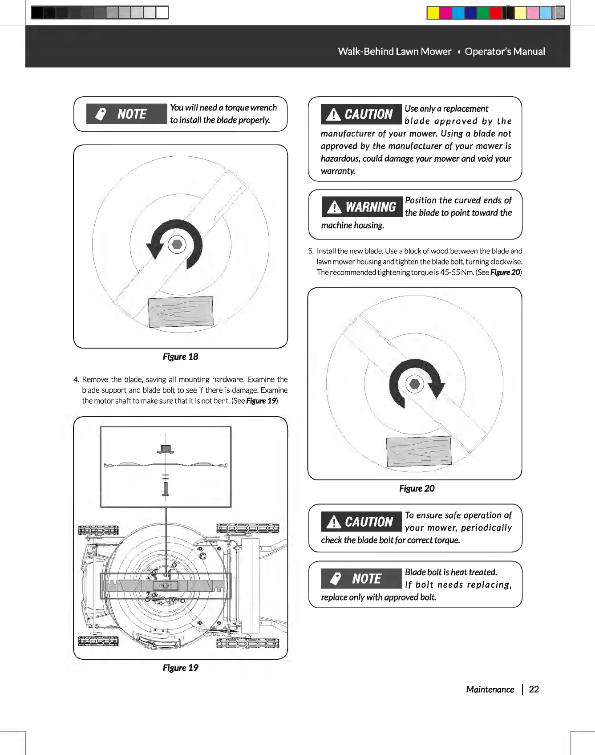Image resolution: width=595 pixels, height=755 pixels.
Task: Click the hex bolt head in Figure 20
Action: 415,384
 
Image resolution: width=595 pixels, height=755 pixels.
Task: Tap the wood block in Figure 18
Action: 181,312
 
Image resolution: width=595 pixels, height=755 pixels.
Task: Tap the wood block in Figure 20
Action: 419,451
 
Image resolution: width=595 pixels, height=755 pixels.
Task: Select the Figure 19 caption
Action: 180,668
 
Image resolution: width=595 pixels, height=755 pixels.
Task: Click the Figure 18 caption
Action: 180,357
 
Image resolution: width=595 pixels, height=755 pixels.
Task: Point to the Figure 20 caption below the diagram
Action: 417,488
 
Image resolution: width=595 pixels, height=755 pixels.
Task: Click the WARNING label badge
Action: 361,207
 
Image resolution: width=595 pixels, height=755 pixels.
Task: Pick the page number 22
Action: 534,690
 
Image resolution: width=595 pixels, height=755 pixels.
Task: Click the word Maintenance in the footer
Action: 490,690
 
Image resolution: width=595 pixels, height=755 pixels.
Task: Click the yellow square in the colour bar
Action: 433,13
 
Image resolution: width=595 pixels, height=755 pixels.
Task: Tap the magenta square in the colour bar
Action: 445,13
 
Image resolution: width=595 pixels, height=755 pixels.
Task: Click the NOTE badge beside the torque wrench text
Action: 126,114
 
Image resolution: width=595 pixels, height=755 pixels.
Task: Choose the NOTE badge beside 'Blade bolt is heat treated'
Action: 361,579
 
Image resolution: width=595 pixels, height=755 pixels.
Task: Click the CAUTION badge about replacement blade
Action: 361,114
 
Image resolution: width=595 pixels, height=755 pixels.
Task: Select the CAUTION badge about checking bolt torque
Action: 361,522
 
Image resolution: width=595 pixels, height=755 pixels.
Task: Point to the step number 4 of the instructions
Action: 76,380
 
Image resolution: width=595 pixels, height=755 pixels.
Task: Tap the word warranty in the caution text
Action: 337,171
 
